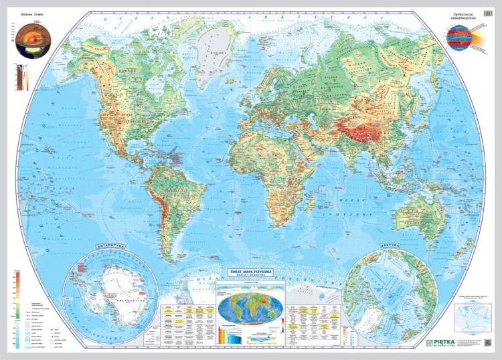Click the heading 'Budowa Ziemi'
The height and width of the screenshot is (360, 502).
32,15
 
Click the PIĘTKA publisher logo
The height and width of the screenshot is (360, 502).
440,342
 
